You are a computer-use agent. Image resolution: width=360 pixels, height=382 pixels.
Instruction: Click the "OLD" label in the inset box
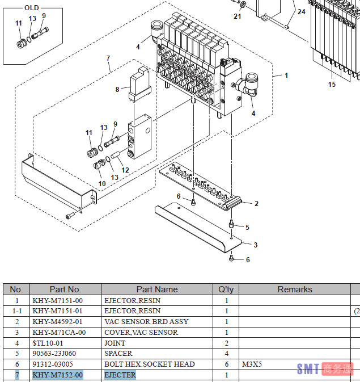point(32,7)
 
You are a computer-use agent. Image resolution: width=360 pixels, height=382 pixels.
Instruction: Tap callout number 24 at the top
point(301,11)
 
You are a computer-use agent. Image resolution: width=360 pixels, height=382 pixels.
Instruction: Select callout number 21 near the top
point(238,16)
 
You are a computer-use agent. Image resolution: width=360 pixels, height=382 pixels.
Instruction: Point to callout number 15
point(332,85)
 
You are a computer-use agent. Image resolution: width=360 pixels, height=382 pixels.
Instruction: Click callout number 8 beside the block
point(117,89)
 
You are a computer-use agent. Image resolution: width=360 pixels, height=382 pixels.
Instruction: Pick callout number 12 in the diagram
point(125,170)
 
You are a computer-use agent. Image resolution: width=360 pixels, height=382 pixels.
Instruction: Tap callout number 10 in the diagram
point(102,183)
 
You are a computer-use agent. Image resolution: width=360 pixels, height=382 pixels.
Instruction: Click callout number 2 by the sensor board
point(256,203)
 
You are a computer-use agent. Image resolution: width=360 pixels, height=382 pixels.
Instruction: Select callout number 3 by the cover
point(256,245)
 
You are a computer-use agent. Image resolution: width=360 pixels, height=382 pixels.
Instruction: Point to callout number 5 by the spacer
point(247,227)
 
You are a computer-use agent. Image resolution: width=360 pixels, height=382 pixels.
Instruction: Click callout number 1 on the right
point(286,75)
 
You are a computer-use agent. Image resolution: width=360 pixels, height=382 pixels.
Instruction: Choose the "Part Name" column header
point(156,289)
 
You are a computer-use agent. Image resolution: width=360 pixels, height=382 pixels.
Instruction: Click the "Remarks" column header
point(294,289)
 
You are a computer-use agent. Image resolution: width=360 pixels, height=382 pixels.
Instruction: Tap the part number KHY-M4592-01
point(57,322)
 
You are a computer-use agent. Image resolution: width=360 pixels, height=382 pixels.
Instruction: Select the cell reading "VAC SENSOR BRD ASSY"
point(146,322)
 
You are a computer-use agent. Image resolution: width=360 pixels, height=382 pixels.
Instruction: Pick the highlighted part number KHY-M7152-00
point(58,375)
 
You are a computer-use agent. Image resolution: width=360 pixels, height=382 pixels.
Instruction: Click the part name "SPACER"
point(118,354)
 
